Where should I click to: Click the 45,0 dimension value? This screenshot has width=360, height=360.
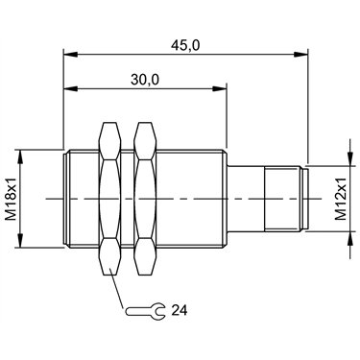pos(185,45)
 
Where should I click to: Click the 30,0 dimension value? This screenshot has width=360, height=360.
pos(145,80)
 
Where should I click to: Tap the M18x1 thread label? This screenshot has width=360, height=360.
pos(12,199)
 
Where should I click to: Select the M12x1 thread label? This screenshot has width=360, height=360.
pos(341,199)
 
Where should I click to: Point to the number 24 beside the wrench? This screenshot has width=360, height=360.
pos(180,310)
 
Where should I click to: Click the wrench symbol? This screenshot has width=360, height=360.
pos(146,310)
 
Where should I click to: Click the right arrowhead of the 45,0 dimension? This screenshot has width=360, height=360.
pos(300,55)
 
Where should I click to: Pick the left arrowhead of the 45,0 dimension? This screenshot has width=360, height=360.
pos(71,55)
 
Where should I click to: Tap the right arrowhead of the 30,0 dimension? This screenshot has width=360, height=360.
pos(220,88)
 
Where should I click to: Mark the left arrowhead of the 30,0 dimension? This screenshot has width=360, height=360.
pos(71,88)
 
